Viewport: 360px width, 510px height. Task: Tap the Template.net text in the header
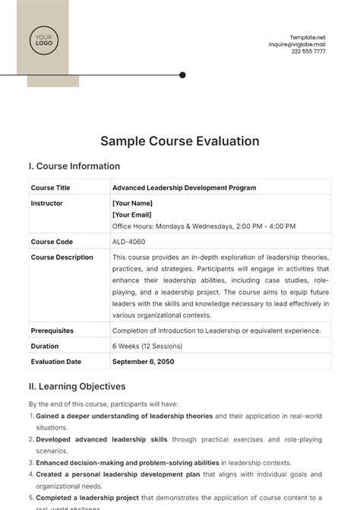point(307,37)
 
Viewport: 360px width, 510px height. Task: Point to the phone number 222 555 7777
point(308,52)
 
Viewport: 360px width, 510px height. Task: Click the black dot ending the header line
point(182,74)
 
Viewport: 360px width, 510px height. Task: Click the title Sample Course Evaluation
point(180,141)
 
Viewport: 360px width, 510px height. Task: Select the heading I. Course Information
point(74,166)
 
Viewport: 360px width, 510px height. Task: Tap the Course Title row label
point(50,188)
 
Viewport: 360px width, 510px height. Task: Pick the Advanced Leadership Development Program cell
point(184,188)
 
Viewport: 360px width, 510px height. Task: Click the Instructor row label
point(46,204)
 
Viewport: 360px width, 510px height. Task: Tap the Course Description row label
point(62,257)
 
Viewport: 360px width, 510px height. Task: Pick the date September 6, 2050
point(144,361)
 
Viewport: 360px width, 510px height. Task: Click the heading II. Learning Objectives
point(77,387)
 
